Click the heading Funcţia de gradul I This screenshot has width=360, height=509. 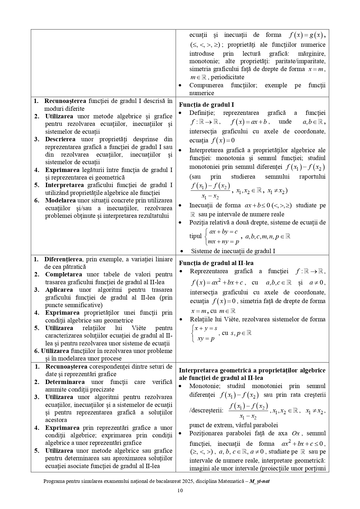(206, 105)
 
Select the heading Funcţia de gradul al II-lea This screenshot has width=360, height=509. (216, 263)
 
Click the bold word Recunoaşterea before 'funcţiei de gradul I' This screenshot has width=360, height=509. (65, 101)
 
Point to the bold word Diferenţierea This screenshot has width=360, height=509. (63, 259)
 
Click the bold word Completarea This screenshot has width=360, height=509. (64, 274)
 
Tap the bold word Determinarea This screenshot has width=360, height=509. (65, 382)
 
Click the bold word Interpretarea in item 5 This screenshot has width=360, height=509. (64, 185)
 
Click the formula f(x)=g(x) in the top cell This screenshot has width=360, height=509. (306, 35)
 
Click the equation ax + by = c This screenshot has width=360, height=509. (223, 232)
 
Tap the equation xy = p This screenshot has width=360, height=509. (206, 338)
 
